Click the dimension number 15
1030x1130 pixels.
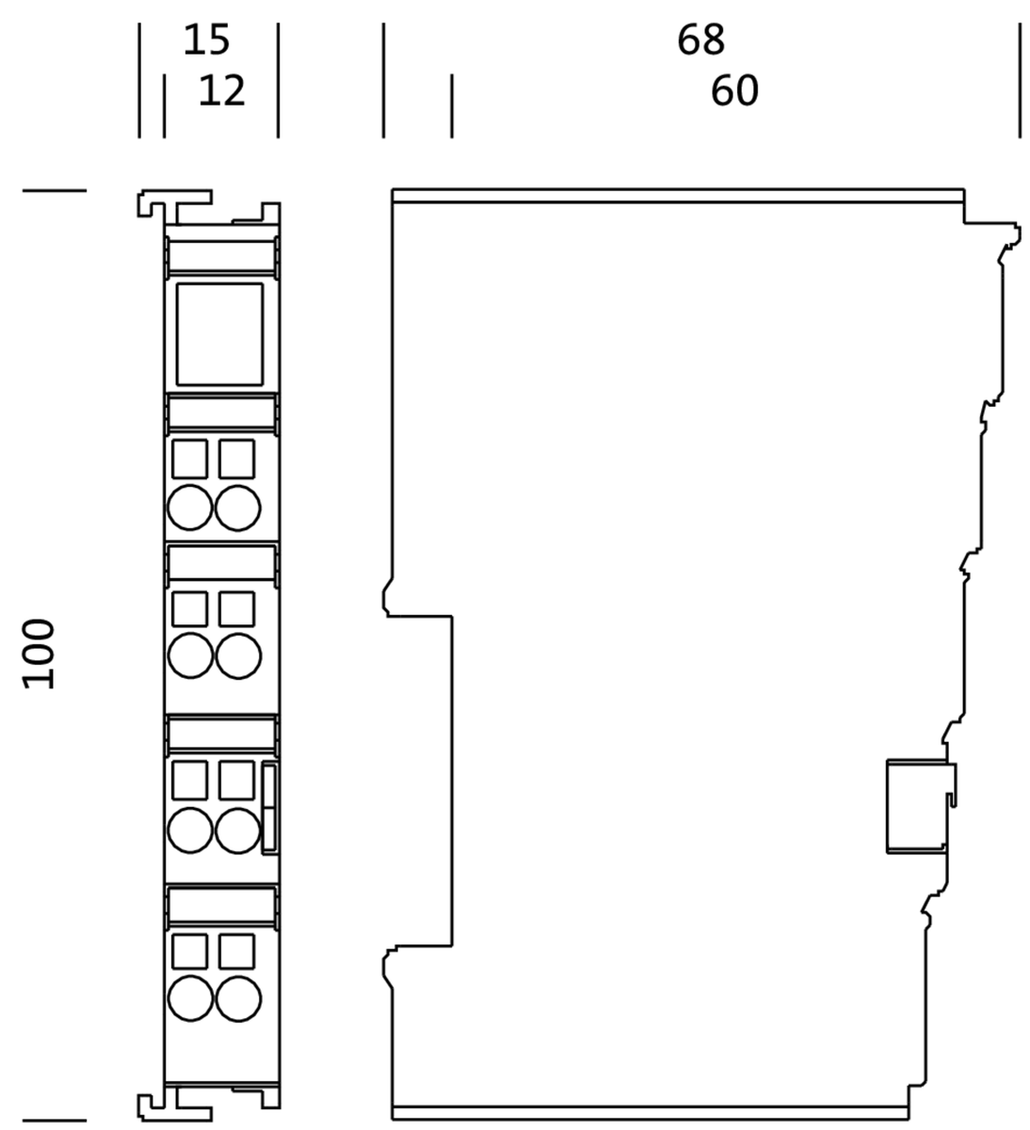tap(206, 40)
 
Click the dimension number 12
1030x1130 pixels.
tap(222, 90)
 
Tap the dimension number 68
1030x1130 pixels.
tap(700, 40)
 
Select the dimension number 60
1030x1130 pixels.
tap(734, 90)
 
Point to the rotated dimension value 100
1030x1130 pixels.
tap(39, 654)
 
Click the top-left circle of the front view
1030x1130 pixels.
tap(190, 508)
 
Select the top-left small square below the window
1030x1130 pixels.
tap(190, 459)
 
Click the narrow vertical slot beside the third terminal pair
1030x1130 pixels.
tap(270, 808)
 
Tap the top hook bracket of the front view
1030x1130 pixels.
tap(175, 204)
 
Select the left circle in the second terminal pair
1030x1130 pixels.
tap(190, 655)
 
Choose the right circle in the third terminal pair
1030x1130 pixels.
tap(238, 831)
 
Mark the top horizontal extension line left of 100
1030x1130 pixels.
tap(55, 190)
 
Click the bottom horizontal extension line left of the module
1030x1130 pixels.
tap(55, 1121)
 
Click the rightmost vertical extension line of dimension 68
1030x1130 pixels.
tap(1020, 80)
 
